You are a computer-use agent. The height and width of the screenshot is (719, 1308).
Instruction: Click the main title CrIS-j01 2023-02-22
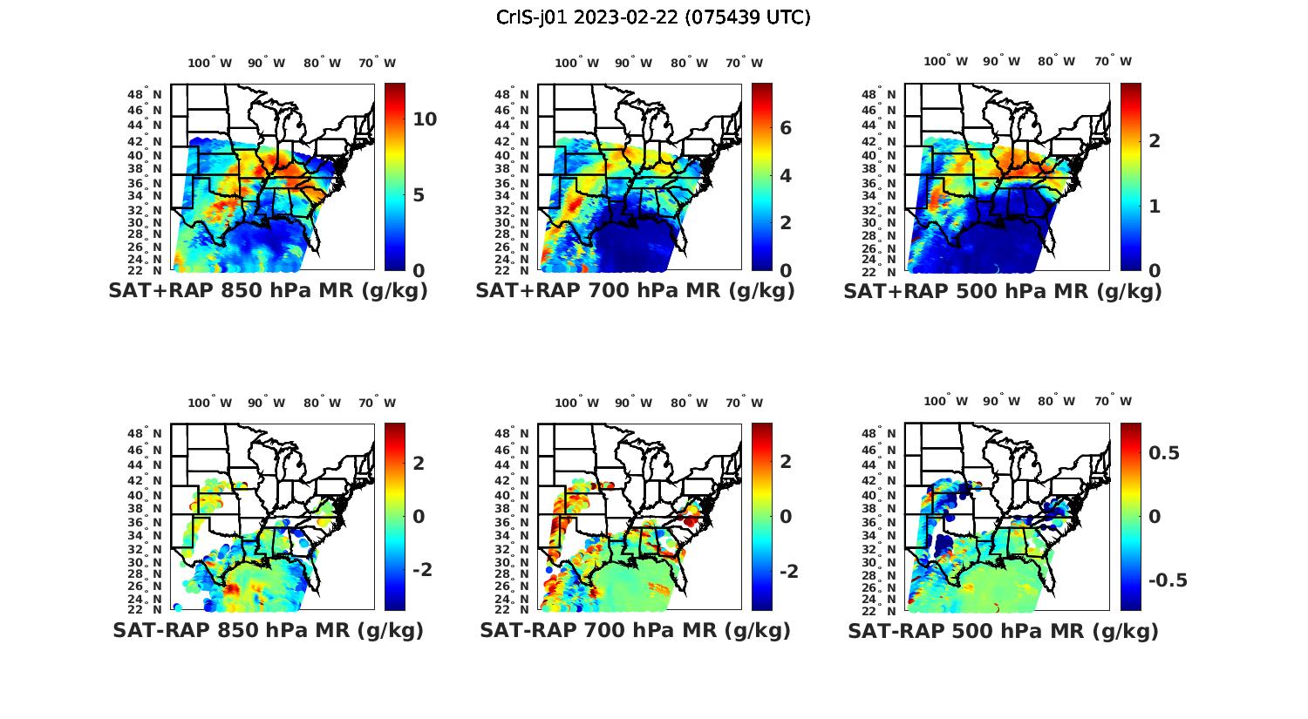tap(653, 17)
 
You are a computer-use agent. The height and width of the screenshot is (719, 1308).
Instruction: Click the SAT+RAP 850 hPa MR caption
tap(268, 291)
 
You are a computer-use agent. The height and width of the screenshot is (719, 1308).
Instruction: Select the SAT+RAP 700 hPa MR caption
tap(635, 291)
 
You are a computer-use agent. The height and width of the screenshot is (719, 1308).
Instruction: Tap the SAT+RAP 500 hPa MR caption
tap(1003, 291)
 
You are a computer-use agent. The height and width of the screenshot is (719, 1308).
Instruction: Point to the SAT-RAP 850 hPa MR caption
tap(268, 630)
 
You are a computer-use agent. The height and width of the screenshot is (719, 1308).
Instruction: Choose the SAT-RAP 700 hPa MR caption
tap(635, 630)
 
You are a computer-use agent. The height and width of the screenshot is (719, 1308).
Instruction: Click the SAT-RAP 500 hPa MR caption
tap(1003, 630)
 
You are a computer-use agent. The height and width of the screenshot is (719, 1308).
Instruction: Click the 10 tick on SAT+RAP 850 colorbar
tap(425, 119)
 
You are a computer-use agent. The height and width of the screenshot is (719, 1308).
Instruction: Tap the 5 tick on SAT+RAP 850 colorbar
tap(419, 194)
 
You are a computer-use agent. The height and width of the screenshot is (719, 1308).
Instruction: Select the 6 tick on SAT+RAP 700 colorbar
tap(786, 128)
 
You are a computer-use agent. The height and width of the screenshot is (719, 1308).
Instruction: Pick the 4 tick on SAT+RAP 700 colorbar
tap(786, 175)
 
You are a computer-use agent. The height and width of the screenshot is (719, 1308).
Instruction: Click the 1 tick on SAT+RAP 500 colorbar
tap(1154, 206)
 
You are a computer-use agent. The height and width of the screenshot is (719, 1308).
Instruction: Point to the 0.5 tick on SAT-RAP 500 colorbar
tap(1163, 452)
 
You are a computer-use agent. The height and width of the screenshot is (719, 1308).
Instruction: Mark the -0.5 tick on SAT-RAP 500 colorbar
tap(1168, 580)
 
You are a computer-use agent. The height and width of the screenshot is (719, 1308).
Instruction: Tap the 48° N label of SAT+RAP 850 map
tap(145, 94)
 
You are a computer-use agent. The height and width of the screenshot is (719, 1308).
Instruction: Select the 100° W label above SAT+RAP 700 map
tap(576, 63)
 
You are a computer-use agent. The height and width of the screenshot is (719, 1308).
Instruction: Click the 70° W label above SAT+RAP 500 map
tap(1113, 61)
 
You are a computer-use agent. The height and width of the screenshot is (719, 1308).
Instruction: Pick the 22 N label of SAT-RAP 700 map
tap(512, 609)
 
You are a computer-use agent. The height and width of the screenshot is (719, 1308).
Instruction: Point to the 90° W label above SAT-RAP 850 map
tap(266, 403)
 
